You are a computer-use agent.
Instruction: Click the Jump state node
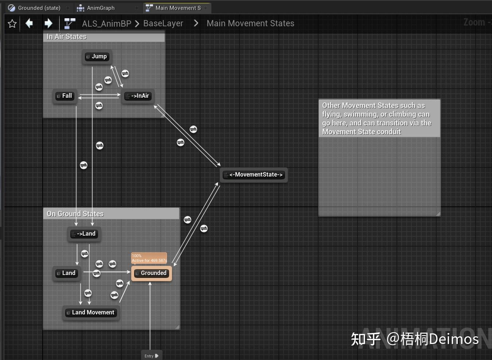pyautogui.click(x=97, y=57)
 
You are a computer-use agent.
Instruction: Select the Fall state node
pyautogui.click(x=65, y=96)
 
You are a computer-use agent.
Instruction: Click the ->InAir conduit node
pyautogui.click(x=137, y=96)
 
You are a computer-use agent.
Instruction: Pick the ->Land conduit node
pyautogui.click(x=84, y=234)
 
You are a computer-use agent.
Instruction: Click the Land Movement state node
pyautogui.click(x=91, y=313)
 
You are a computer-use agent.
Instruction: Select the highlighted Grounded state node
pyautogui.click(x=151, y=273)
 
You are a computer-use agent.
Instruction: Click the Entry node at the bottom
pyautogui.click(x=151, y=356)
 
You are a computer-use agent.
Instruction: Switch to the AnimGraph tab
pyautogui.click(x=101, y=8)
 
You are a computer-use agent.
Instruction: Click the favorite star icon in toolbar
pyautogui.click(x=12, y=24)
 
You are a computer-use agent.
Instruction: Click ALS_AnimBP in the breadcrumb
pyautogui.click(x=106, y=24)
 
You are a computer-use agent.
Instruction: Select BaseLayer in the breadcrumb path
pyautogui.click(x=163, y=24)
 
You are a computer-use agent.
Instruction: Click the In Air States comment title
pyautogui.click(x=67, y=37)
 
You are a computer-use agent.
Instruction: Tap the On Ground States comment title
pyautogui.click(x=75, y=214)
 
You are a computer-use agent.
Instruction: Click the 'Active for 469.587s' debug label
pyautogui.click(x=149, y=260)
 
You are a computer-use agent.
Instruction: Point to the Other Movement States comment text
pyautogui.click(x=376, y=119)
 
